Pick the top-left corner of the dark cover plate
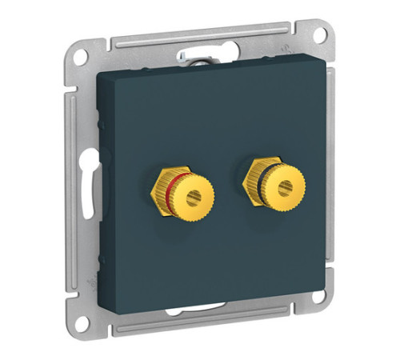click(x=98, y=74)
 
